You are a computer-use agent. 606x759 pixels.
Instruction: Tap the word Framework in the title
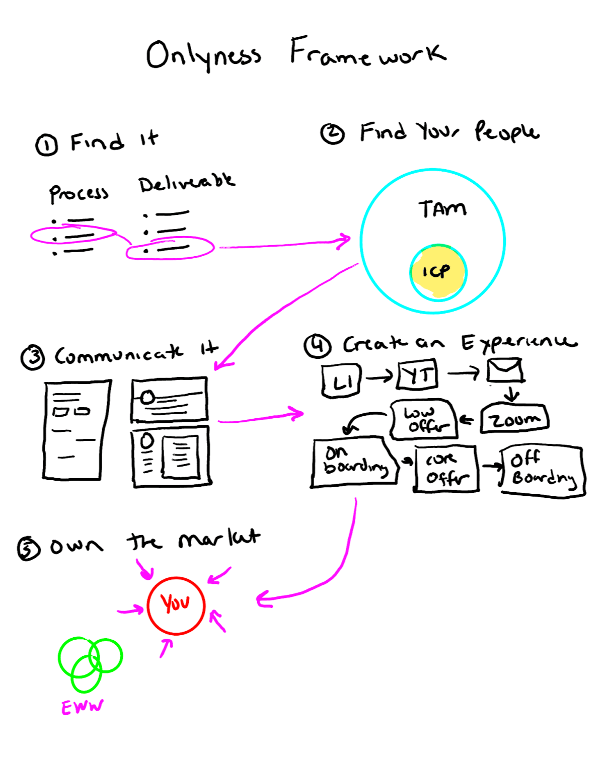pos(367,53)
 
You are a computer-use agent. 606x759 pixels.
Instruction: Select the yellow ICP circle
pos(438,272)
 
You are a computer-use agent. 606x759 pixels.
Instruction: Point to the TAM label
pos(442,208)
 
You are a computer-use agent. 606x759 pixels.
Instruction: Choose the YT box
pos(417,375)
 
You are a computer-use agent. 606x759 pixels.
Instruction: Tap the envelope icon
pos(505,371)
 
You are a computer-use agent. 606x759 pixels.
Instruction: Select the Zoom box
pos(514,419)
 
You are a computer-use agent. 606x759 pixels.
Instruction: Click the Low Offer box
pos(424,420)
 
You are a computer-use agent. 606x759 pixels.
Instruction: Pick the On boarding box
pos(353,462)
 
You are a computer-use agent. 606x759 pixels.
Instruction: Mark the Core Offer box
pos(446,469)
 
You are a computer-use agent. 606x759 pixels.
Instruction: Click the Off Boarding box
pos(543,470)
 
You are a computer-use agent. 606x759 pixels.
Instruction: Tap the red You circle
pos(176,605)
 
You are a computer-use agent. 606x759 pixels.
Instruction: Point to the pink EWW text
pos(82,707)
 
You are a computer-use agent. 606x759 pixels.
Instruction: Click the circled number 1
pos(46,145)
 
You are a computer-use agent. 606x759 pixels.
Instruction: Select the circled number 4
pos(318,346)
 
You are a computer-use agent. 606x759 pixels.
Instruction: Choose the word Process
pos(79,193)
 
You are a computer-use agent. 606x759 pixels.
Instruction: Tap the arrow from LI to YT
pos(379,376)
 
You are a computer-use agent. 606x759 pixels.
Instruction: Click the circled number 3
pos(33,357)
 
